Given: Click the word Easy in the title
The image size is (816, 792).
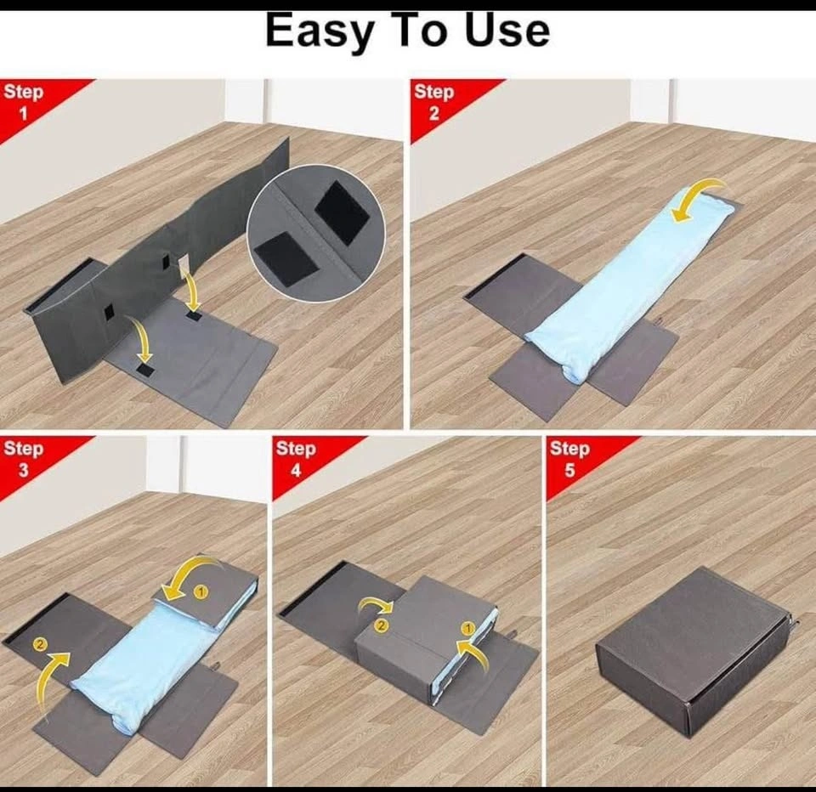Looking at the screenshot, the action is tap(320, 31).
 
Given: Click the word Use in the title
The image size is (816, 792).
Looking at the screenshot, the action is tap(507, 31).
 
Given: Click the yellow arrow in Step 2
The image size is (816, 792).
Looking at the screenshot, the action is tap(700, 195).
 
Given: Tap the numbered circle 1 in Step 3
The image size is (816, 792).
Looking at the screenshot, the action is tap(201, 591).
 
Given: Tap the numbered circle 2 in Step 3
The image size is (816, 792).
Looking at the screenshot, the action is tap(40, 645).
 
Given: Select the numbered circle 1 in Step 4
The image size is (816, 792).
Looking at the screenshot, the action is tap(468, 629).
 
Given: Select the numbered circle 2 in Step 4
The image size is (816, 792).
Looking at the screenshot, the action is tap(382, 625).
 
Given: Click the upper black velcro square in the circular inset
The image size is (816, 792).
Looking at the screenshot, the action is tap(341, 212).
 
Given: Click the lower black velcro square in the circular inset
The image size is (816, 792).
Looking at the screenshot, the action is tap(286, 258).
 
